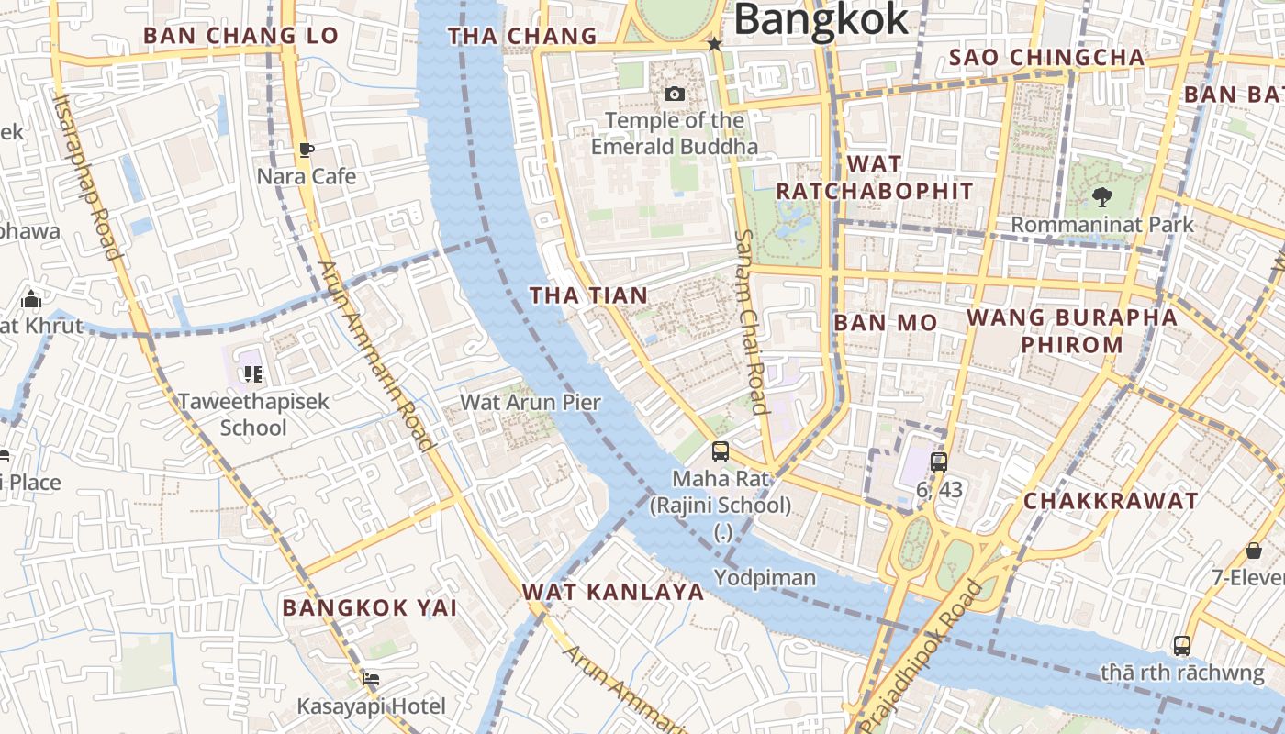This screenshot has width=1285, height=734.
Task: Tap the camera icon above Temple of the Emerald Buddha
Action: pos(675,94)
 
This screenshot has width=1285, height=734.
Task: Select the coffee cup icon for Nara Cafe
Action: pos(307,150)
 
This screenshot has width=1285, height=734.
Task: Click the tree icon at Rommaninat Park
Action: pos(1101,197)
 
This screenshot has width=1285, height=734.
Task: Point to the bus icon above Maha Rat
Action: pos(721,451)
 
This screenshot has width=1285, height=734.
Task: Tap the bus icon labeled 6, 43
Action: pos(939,462)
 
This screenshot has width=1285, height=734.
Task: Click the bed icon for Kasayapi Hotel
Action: pos(371,679)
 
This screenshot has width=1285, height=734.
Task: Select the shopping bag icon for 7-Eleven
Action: pos(1254,550)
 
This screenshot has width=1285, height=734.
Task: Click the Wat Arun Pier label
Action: pos(531,402)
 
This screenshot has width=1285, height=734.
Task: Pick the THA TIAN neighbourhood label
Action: pos(589,295)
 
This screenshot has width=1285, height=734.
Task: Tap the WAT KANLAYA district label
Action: pos(613,592)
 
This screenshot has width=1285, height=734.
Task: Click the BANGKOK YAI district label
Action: pos(369,607)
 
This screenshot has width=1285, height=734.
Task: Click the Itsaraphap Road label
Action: pos(88,176)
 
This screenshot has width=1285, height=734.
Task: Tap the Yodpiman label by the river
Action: pos(765,577)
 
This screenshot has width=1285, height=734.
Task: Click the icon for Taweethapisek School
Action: pos(252,374)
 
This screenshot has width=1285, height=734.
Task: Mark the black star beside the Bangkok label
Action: pos(714,44)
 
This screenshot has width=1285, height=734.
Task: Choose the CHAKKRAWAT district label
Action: pos(1111,501)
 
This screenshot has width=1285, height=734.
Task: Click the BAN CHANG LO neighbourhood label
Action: pos(229,37)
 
